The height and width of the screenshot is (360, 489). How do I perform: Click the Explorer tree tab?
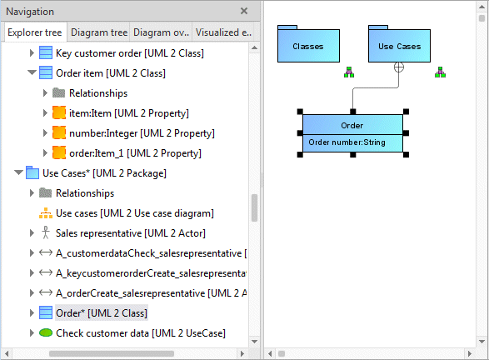tap(35, 32)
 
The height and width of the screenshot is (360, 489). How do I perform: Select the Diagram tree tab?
tap(99, 32)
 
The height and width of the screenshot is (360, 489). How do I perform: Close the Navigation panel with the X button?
tap(244, 11)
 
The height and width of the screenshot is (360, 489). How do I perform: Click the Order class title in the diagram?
tap(352, 125)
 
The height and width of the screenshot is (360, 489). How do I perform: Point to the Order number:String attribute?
tap(347, 142)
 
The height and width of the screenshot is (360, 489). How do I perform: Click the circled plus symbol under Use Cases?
tap(398, 67)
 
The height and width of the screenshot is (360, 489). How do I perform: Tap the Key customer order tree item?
tap(130, 53)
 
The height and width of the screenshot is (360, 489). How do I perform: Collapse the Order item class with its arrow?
tap(32, 73)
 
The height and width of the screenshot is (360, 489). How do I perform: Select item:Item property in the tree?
tap(129, 113)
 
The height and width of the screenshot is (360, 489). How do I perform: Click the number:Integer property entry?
tap(142, 133)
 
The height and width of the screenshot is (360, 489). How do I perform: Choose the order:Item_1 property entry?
tap(135, 153)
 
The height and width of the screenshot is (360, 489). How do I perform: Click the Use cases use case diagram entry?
tap(135, 213)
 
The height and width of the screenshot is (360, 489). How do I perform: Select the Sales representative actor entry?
tap(130, 233)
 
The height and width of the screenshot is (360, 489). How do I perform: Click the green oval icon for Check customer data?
tap(46, 332)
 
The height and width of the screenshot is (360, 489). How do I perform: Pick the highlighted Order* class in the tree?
tap(102, 312)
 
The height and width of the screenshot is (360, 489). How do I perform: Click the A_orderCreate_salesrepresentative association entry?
tap(152, 293)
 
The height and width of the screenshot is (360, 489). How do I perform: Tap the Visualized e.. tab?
tap(223, 32)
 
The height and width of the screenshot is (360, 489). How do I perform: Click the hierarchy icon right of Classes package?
tap(349, 72)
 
